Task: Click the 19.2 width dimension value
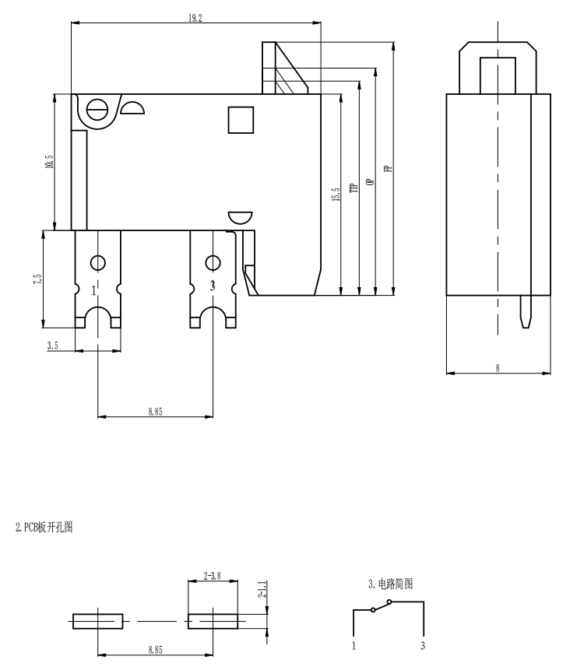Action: (x=195, y=18)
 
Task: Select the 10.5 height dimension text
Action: (x=49, y=163)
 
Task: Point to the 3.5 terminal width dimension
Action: (x=52, y=345)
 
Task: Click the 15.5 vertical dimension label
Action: (x=336, y=195)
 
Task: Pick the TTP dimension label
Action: (x=353, y=187)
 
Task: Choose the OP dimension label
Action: (x=370, y=181)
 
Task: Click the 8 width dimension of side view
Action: (x=498, y=368)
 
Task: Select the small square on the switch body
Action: (x=241, y=120)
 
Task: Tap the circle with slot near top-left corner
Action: (x=98, y=110)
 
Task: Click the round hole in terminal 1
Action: (x=98, y=262)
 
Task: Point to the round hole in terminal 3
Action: (x=212, y=262)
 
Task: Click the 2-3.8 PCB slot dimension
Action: (x=212, y=577)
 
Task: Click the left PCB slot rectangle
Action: (x=98, y=621)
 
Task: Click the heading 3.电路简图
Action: (x=390, y=583)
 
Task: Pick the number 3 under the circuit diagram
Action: (x=423, y=645)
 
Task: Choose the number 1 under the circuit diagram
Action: (x=354, y=645)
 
